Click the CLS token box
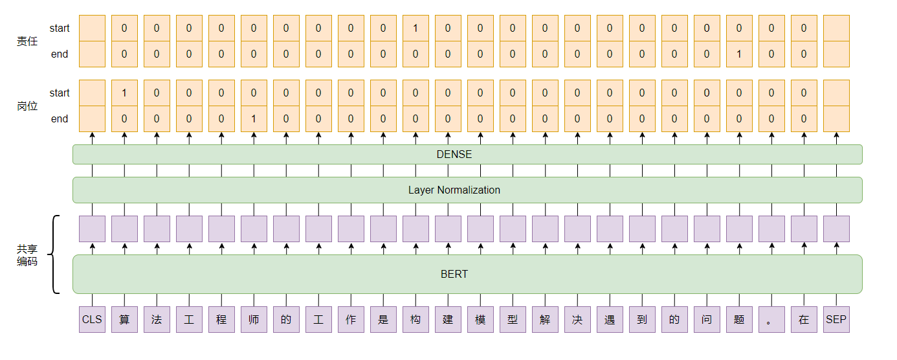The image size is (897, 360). (92, 319)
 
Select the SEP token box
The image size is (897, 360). (836, 319)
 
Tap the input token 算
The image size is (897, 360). (124, 319)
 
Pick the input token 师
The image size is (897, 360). (254, 319)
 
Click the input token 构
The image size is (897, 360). (415, 319)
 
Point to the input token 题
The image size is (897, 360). (739, 319)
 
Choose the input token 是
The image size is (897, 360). (383, 319)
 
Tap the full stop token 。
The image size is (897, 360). (771, 319)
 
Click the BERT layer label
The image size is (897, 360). (454, 274)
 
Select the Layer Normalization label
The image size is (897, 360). (454, 190)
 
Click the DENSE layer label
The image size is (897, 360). (454, 154)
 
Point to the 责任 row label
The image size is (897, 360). (27, 41)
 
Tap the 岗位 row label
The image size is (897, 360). (27, 106)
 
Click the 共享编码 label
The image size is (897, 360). (27, 254)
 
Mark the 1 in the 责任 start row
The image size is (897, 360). (415, 28)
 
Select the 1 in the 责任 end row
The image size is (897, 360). (739, 54)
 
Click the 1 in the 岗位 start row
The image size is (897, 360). (124, 93)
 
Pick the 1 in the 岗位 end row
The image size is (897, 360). (254, 118)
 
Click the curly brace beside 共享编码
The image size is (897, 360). (56, 254)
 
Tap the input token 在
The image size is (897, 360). (804, 319)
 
